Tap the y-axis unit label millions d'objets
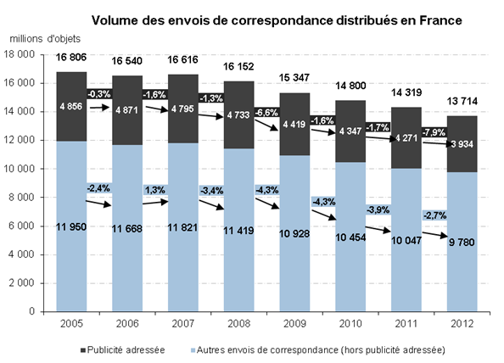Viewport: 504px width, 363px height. coord(45,39)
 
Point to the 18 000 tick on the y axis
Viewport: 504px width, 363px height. coord(19,54)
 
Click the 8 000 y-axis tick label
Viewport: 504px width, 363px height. coord(22,198)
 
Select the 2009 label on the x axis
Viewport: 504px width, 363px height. coord(294,323)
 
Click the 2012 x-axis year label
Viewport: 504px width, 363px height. coord(462,323)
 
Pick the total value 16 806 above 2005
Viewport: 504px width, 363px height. coord(71,57)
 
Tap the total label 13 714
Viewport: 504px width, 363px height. coord(462,101)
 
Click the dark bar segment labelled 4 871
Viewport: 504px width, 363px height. coord(127,110)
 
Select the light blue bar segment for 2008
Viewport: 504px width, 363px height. coord(238,230)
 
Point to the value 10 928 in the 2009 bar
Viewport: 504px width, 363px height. coord(294,233)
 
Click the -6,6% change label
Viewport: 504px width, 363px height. coord(266,113)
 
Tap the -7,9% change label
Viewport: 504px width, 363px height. coord(434,132)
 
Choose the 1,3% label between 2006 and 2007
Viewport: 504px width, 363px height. coord(155,190)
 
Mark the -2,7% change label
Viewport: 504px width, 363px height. coord(434,215)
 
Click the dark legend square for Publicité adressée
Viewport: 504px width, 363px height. coord(83,350)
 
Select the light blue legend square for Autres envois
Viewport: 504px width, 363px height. coord(193,350)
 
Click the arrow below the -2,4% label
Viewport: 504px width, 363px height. coord(98,203)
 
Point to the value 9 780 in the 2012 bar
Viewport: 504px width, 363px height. coord(462,243)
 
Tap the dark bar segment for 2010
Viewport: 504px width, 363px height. coord(350,131)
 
